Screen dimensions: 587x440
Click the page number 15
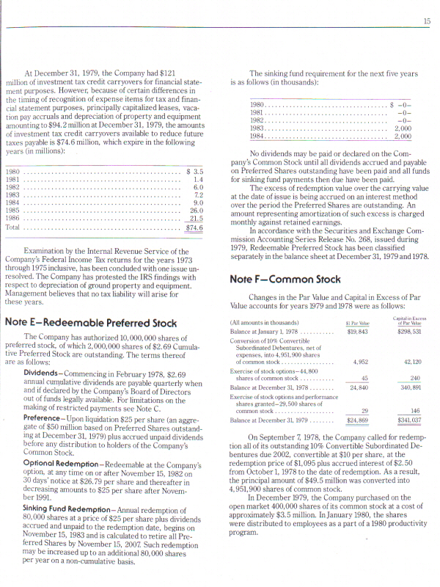tap(426, 22)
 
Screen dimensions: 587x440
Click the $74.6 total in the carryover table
tap(194, 227)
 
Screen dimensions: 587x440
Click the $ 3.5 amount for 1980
tap(194, 170)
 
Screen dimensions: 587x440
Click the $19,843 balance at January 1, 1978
tap(356, 332)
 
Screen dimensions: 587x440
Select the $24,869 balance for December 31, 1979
tap(356, 420)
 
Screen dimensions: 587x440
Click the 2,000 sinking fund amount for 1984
tap(403, 136)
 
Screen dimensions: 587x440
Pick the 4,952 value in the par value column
tap(360, 362)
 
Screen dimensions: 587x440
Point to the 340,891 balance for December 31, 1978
tap(408, 387)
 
